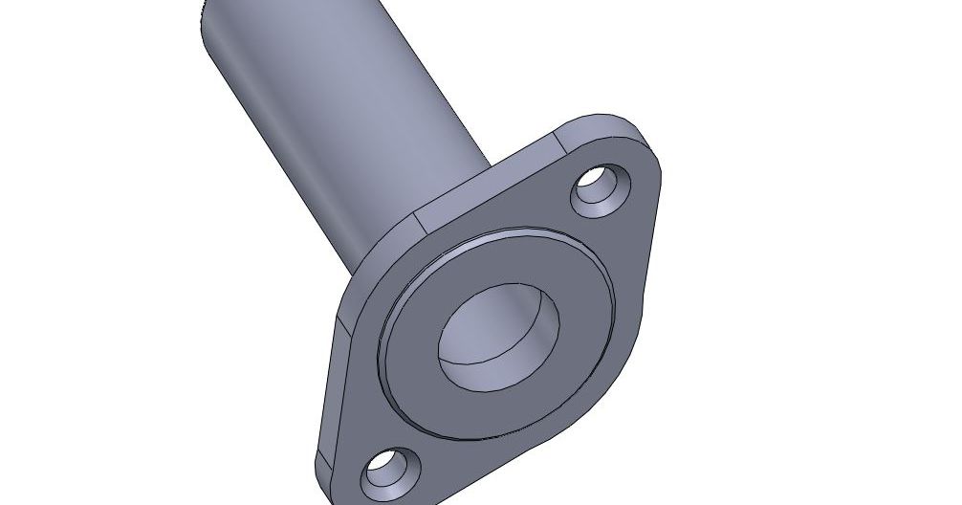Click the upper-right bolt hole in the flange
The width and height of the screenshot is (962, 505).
pos(601,189)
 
